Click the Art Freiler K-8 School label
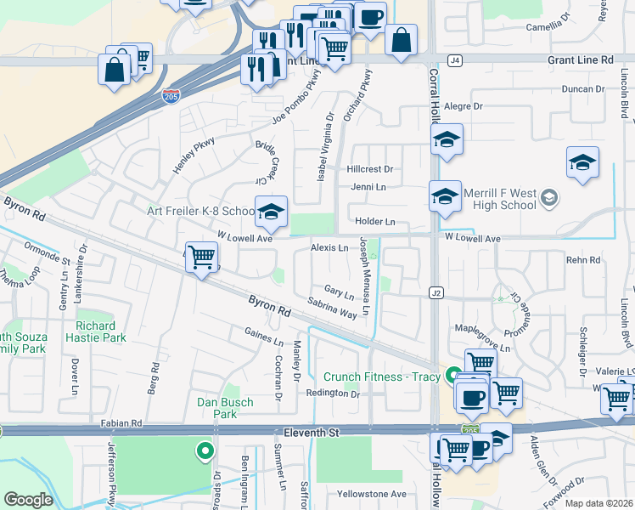(200, 211)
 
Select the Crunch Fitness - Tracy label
(381, 377)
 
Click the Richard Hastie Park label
(107, 331)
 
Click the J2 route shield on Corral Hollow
(436, 293)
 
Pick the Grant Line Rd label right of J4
(582, 60)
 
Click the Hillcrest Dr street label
(370, 170)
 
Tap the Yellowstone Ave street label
(371, 494)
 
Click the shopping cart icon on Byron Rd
(201, 256)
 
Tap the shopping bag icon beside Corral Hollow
(401, 39)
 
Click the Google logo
(28, 500)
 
